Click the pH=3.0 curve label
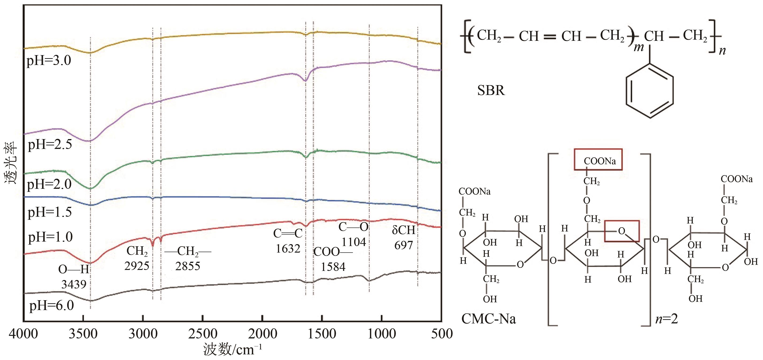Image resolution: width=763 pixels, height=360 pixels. (x=49, y=61)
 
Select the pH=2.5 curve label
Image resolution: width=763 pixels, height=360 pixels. (x=50, y=144)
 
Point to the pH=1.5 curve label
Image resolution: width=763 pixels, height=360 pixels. (x=50, y=212)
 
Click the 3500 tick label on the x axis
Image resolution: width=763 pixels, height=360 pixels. (x=83, y=334)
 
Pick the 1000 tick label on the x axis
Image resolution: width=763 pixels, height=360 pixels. (x=382, y=334)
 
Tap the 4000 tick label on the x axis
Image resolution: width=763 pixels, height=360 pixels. (x=23, y=334)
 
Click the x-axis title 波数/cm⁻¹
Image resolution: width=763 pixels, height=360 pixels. (x=233, y=350)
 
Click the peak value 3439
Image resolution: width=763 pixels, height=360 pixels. (x=74, y=284)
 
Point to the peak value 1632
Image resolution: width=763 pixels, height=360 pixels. (x=288, y=249)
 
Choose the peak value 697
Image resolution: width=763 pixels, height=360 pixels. (x=403, y=245)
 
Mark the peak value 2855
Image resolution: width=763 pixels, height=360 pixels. (x=188, y=266)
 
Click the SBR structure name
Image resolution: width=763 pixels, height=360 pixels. (x=491, y=90)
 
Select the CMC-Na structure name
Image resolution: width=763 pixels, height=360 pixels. (x=488, y=319)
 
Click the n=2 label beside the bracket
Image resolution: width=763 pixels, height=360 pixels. (x=667, y=319)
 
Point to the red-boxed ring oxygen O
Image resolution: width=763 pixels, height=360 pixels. (x=622, y=231)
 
